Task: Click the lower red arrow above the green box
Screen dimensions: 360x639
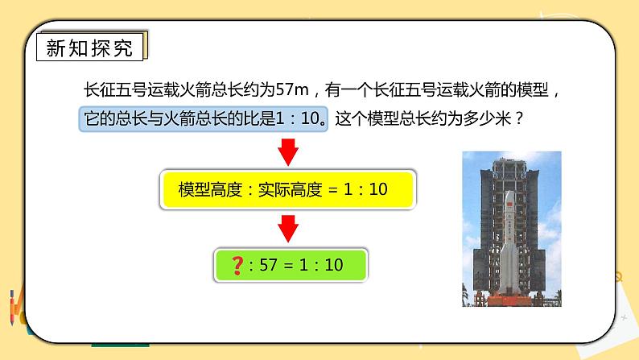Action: click(x=288, y=233)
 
